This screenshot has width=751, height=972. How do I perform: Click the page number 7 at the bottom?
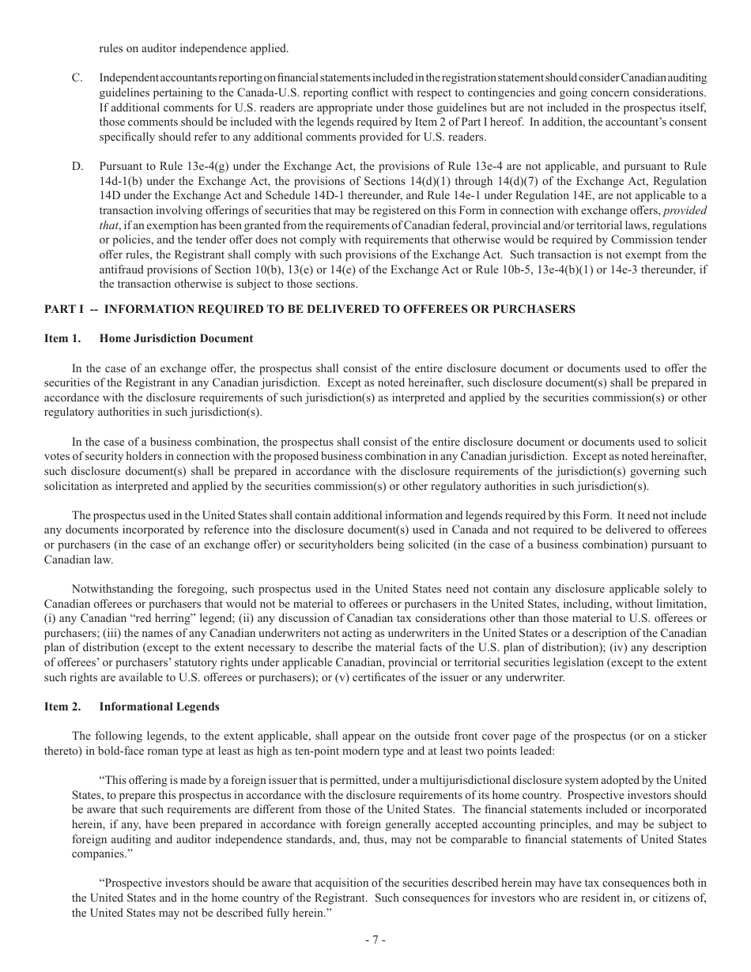[x=375, y=940]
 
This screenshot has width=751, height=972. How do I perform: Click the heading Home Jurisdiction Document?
[x=176, y=338]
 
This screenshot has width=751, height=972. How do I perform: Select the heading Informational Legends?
[x=159, y=706]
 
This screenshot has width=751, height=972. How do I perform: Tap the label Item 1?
[x=62, y=338]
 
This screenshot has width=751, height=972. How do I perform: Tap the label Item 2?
[x=62, y=706]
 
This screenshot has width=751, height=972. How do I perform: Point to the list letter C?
[x=77, y=77]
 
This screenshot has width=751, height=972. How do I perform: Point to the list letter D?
[x=77, y=167]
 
